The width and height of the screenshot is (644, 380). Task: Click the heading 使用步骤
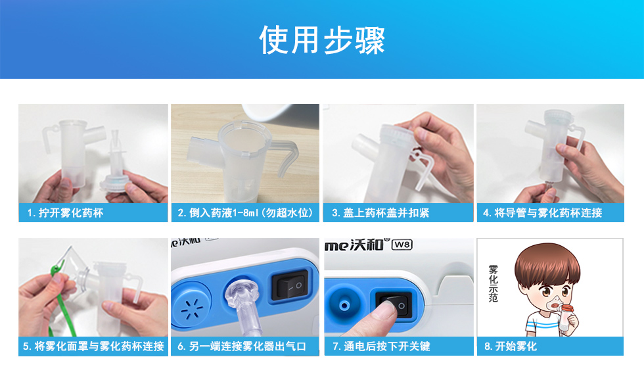pyautogui.click(x=322, y=40)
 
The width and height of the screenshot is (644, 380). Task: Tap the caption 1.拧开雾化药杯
pyautogui.click(x=65, y=213)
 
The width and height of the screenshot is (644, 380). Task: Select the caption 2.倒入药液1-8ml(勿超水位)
pyautogui.click(x=245, y=213)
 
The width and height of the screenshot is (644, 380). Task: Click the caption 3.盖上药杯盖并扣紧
pyautogui.click(x=380, y=213)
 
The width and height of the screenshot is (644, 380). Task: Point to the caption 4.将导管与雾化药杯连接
pyautogui.click(x=543, y=213)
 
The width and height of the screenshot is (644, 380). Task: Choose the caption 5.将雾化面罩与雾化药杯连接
pyautogui.click(x=93, y=346)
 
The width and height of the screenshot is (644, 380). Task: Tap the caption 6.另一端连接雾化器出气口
pyautogui.click(x=242, y=346)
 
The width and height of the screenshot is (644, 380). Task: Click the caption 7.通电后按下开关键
pyautogui.click(x=382, y=346)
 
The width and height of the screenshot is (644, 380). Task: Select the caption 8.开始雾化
pyautogui.click(x=511, y=346)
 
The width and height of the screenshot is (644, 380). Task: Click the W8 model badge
pyautogui.click(x=402, y=245)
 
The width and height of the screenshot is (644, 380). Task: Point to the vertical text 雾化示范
pyautogui.click(x=494, y=283)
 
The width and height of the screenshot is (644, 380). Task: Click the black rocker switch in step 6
pyautogui.click(x=290, y=285)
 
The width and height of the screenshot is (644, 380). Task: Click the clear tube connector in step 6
pyautogui.click(x=244, y=304)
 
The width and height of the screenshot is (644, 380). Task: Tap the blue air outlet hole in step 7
pyautogui.click(x=344, y=305)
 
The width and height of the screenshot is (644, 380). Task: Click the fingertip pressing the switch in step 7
pyautogui.click(x=383, y=311)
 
